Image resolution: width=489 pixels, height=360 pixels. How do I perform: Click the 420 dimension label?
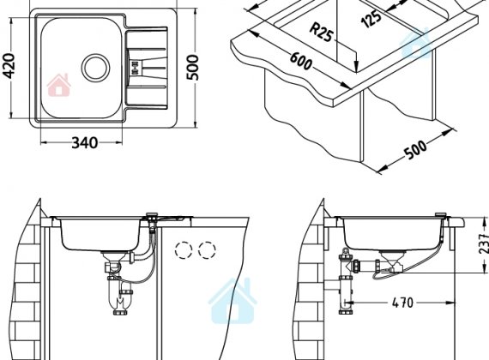coord(9,65)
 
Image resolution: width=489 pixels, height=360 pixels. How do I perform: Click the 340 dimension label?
coord(85,143)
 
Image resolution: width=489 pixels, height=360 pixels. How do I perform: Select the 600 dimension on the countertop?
coord(301,61)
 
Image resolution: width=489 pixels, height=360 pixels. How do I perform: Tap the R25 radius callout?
coord(320,33)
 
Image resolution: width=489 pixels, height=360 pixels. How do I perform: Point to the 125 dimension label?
coord(371,19)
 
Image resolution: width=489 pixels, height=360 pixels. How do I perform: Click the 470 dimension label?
coord(402,303)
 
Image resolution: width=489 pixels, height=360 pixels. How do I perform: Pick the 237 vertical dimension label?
coord(483,243)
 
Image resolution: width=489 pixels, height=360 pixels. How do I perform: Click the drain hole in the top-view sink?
coord(96,67)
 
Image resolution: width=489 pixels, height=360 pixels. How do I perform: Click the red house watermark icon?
coord(58,85)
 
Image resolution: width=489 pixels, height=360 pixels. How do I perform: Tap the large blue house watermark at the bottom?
coord(232,301)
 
